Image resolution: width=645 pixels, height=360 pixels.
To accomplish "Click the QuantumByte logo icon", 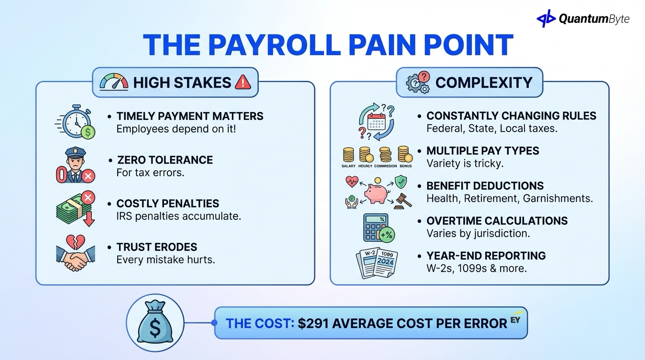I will coord(546,19).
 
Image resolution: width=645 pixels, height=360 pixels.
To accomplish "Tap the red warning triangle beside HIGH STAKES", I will coord(243,82).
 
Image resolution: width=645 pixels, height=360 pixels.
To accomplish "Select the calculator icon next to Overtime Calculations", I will coord(378,227).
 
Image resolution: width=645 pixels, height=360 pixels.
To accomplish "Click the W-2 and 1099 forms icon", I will coord(377,263).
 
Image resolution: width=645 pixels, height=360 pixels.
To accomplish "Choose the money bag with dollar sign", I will coord(155,323).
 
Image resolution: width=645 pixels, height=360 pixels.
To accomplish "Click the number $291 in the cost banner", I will coord(315,323).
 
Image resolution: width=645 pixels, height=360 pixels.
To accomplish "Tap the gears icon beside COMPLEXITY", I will coord(418,83).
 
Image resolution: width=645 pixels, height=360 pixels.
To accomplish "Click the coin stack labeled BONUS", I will coord(405,155).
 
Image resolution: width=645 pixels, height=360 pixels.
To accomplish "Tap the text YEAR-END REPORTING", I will coord(486,256).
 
